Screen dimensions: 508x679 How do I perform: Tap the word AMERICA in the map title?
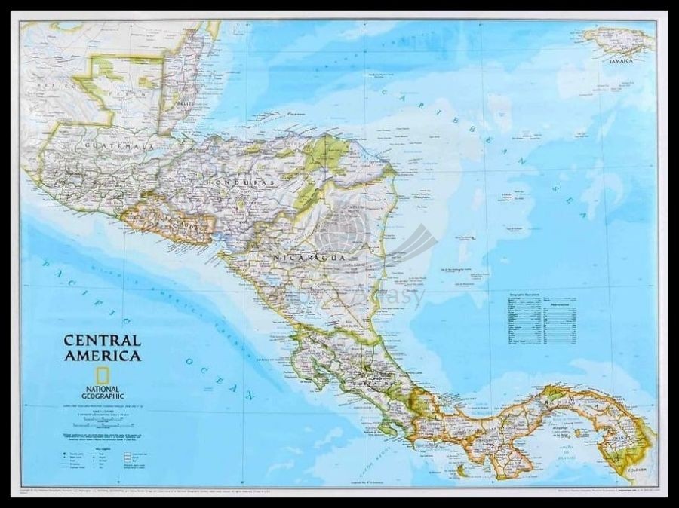point(103,357)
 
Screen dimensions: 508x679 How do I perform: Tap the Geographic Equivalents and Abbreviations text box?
point(540,317)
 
